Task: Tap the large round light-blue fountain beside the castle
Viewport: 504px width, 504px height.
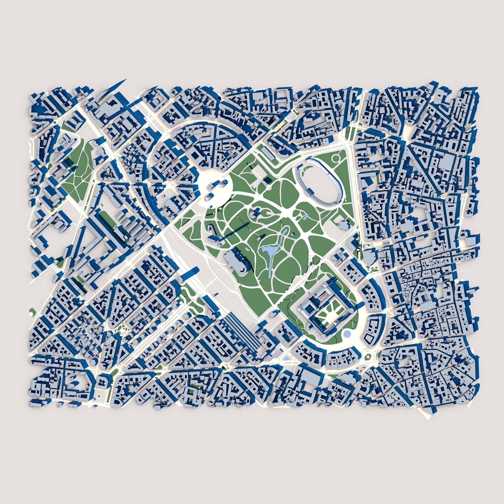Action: (x=347, y=334)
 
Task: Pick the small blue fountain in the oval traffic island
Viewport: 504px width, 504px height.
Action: (x=286, y=358)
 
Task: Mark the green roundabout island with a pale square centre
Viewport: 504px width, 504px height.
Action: (x=368, y=355)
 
